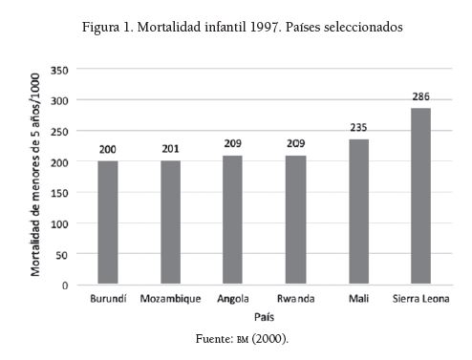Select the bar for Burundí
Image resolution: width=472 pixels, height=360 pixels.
(107, 222)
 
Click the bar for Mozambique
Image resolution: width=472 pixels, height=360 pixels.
(170, 222)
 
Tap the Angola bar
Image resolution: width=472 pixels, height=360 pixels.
(233, 220)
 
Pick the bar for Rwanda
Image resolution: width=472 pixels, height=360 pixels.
(295, 220)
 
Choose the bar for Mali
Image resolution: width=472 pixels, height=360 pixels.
(358, 212)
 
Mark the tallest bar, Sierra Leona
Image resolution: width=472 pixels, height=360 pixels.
(420, 196)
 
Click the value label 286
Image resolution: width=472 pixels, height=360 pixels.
(421, 97)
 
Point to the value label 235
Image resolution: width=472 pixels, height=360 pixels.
(358, 129)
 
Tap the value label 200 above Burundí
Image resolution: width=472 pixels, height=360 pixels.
(107, 151)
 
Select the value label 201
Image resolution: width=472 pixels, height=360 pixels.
(170, 150)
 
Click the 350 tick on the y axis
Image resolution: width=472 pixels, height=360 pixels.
(60, 70)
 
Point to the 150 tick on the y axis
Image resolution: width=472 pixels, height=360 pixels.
(60, 193)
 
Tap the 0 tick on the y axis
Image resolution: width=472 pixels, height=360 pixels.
(66, 285)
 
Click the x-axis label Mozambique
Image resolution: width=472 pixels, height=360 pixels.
(170, 300)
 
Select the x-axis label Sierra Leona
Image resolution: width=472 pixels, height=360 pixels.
(420, 300)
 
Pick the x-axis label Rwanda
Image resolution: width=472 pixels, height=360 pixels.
(295, 300)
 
